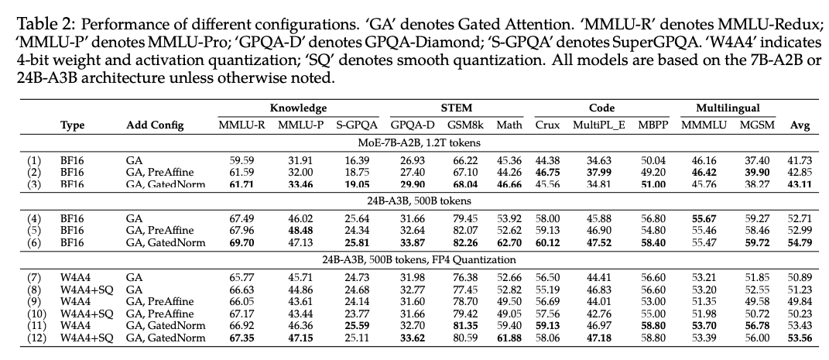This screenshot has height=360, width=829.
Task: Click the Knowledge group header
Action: [x=298, y=109]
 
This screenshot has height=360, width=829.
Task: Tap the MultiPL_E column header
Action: [x=593, y=125]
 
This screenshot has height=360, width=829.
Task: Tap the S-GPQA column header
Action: [x=357, y=125]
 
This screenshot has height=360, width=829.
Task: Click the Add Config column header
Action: [x=152, y=125]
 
